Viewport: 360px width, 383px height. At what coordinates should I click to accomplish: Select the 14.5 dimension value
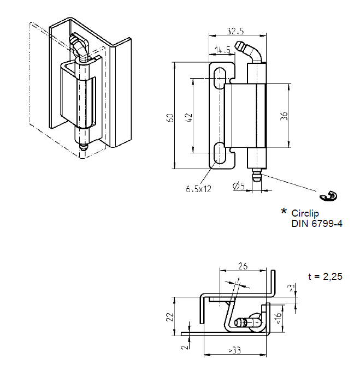222,50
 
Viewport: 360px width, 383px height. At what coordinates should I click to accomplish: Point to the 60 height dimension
170,117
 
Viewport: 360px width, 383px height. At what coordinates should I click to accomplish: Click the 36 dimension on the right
285,116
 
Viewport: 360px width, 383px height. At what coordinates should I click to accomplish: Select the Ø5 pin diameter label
238,186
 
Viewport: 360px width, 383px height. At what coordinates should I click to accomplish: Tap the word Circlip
306,213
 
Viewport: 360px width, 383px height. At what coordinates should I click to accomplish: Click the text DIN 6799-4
316,223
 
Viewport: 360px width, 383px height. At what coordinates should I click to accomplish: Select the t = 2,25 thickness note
325,277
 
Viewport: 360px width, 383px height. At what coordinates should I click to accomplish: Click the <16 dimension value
279,318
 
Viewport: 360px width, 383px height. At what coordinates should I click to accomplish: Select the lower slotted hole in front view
219,154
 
